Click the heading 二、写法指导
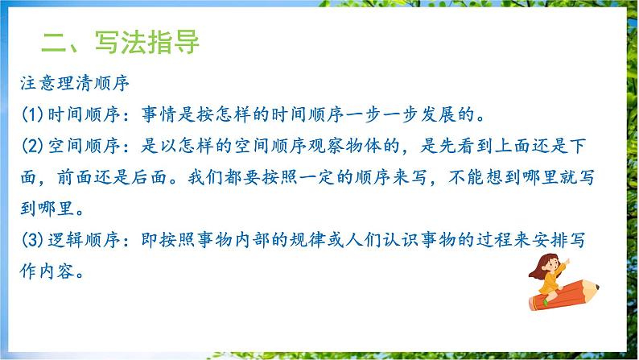point(120,42)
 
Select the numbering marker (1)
point(37,109)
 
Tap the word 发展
point(457,109)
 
